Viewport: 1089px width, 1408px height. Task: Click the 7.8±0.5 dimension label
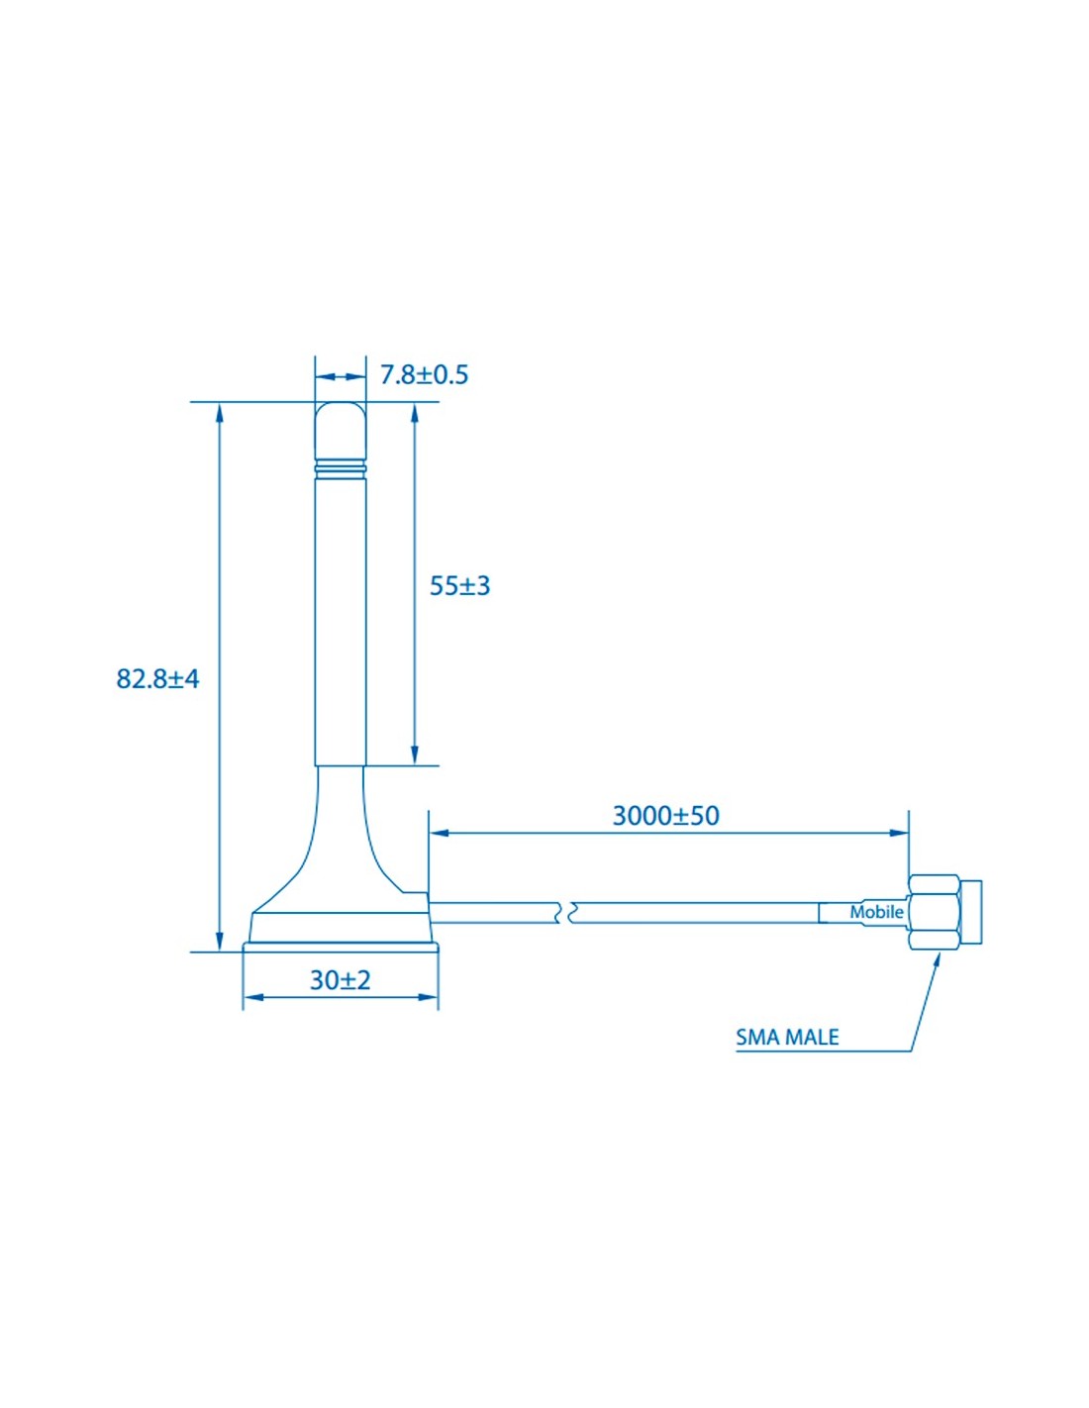[424, 375]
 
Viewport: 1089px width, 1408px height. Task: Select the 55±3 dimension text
[460, 586]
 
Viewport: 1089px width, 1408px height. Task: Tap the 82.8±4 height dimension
[158, 679]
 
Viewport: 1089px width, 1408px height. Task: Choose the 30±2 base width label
[341, 980]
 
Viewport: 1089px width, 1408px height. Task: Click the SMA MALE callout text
[787, 1038]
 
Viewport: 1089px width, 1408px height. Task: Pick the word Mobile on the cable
[876, 912]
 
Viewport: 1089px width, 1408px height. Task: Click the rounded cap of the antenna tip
[341, 432]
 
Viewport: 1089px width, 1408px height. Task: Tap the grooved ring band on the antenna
[341, 470]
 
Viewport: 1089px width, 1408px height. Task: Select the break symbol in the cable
[562, 912]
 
